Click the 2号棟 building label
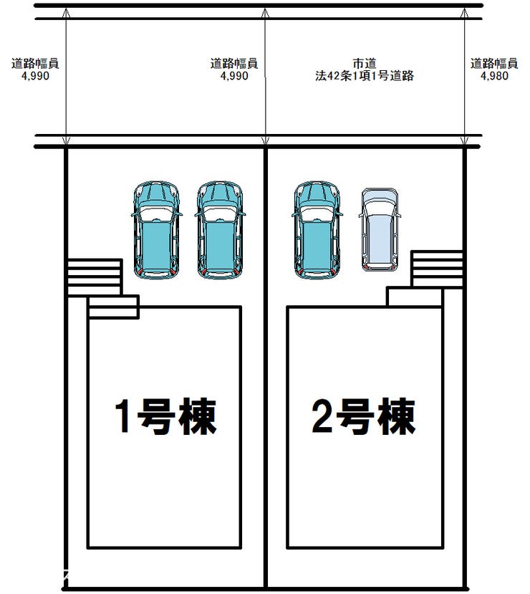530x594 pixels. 364,417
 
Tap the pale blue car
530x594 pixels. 379,230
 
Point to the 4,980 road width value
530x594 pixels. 494,75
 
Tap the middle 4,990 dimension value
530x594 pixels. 234,75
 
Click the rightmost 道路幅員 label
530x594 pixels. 494,63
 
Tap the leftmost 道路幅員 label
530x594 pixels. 36,63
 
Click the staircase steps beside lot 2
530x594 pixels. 437,269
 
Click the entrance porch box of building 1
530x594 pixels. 113,307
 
